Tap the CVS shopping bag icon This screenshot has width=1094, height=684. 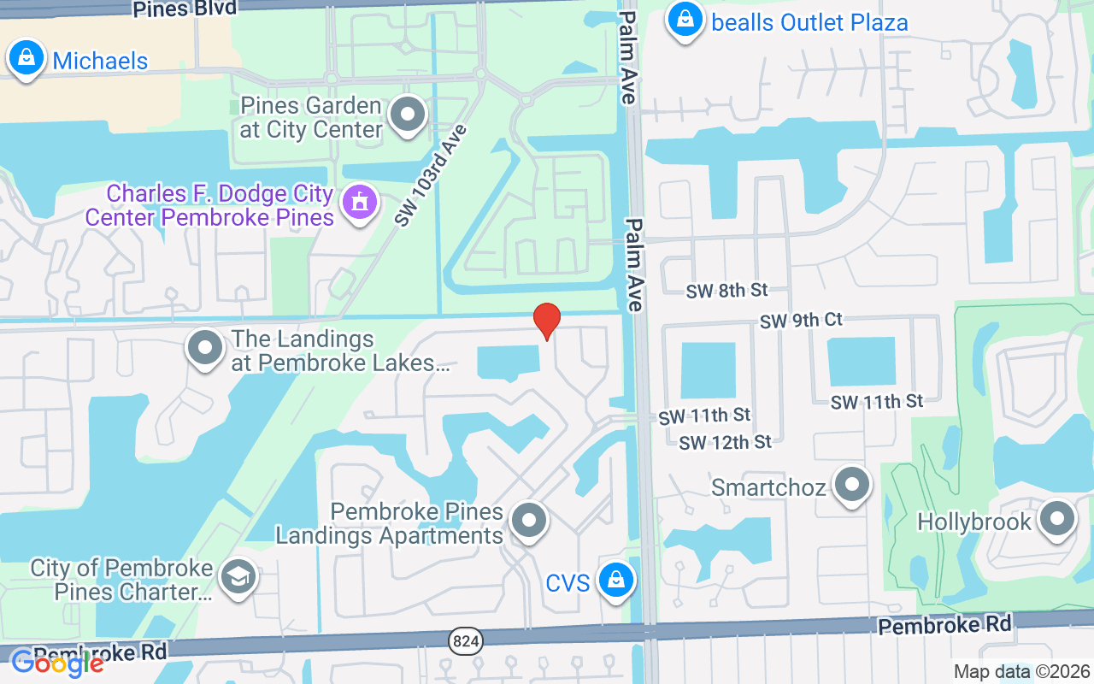(x=614, y=580)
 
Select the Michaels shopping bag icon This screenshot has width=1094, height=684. (x=26, y=58)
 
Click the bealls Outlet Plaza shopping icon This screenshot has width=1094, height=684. (x=685, y=20)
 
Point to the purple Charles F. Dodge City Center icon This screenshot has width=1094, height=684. (x=360, y=203)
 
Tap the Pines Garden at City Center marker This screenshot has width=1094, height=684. (x=408, y=115)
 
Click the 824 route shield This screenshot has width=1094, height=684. (x=466, y=641)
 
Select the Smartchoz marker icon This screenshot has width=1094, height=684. (x=851, y=485)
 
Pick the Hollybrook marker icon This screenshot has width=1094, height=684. (x=1057, y=519)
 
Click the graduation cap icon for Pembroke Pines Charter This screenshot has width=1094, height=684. (x=238, y=577)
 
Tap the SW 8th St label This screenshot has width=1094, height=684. (x=726, y=291)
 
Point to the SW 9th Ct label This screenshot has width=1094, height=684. (x=801, y=321)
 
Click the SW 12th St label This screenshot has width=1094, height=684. (x=726, y=442)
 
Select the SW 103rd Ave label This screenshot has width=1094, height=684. (x=432, y=175)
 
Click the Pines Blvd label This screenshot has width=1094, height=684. (x=184, y=9)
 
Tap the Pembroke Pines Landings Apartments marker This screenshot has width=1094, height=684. (x=529, y=520)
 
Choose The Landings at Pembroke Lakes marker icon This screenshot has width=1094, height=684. (x=205, y=349)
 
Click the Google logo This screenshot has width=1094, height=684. (x=56, y=663)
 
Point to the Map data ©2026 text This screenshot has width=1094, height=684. (x=1022, y=672)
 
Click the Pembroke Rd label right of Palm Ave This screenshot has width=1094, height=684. (x=944, y=626)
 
